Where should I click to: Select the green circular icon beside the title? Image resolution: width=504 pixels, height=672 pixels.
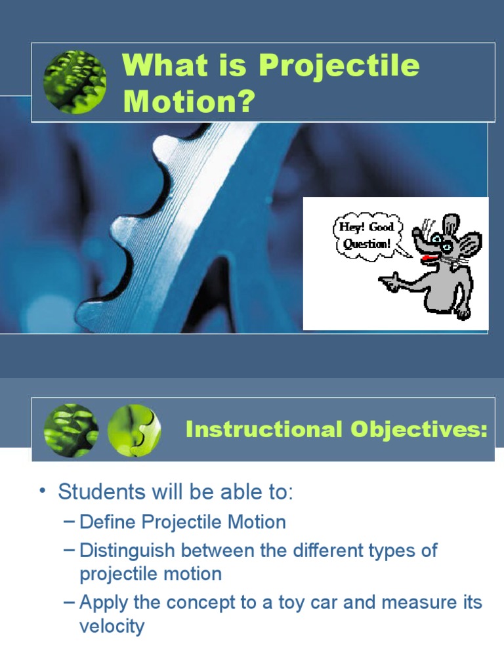[75, 82]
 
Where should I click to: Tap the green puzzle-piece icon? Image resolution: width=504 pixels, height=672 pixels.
[133, 430]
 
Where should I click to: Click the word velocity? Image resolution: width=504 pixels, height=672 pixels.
[112, 626]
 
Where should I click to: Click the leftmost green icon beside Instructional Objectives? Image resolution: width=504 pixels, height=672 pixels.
[71, 430]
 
